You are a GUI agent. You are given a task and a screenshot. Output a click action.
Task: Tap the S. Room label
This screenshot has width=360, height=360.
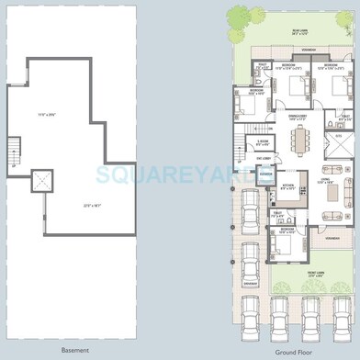pyautogui.click(x=263, y=143)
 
